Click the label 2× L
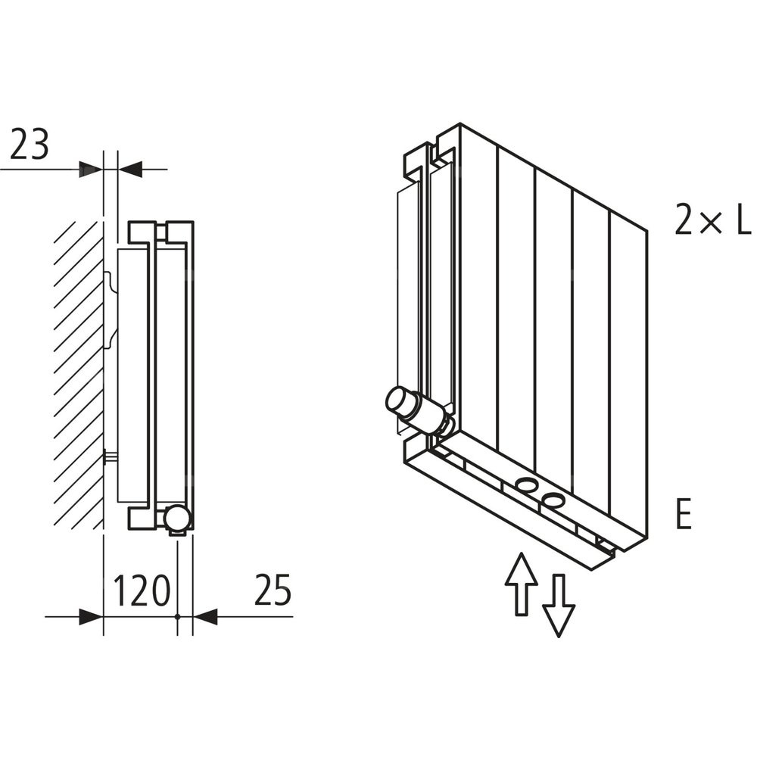(712, 221)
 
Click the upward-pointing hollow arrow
(522, 583)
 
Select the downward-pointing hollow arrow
(559, 606)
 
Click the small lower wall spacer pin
(111, 456)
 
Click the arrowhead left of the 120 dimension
(91, 617)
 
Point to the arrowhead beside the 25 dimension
(205, 617)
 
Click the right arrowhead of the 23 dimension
(131, 170)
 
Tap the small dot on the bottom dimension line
(178, 617)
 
